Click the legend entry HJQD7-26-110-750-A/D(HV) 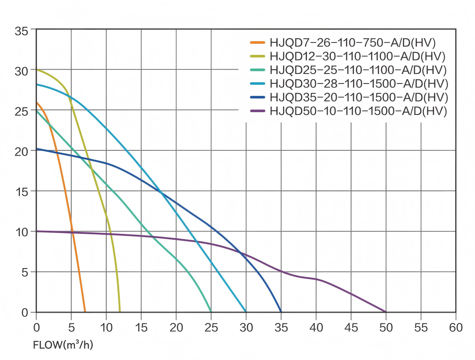(352, 42)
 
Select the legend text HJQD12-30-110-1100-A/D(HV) (357, 56)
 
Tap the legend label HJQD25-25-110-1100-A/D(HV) (358, 70)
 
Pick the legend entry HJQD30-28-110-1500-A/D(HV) (359, 84)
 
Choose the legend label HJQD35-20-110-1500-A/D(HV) (359, 97)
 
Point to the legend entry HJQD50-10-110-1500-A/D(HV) (358, 111)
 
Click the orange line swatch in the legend (257, 42)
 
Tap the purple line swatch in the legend (257, 111)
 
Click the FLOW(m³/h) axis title (63, 344)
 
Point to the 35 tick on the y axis (21, 30)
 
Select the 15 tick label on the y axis (21, 191)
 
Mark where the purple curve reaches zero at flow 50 (386, 312)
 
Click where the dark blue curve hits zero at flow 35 (281, 312)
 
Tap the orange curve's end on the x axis (85, 312)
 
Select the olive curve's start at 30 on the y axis (37, 70)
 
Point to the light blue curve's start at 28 (37, 84)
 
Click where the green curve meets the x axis (211, 312)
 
